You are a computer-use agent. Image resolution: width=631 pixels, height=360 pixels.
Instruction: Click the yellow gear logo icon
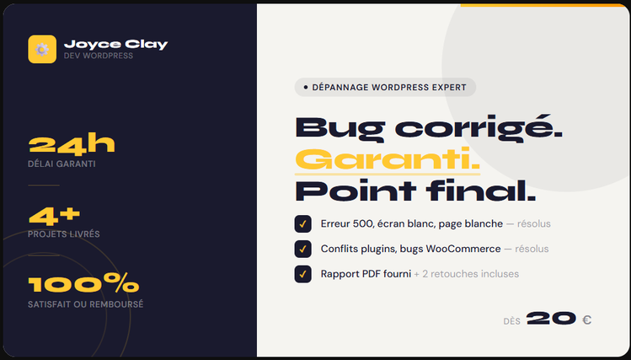tap(42, 49)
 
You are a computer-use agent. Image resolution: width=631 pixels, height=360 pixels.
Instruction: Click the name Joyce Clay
tap(116, 44)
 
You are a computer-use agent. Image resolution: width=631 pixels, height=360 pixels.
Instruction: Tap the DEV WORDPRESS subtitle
tap(99, 56)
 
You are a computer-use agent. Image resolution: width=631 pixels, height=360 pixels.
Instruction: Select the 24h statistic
tap(72, 144)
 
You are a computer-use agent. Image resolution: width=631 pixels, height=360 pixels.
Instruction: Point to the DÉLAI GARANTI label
tap(61, 164)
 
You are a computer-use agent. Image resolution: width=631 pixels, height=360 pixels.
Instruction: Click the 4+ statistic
tap(54, 216)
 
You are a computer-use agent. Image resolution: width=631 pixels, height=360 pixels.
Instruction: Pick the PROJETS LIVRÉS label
tap(63, 234)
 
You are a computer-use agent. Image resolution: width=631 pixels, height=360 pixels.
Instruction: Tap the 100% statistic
tap(83, 282)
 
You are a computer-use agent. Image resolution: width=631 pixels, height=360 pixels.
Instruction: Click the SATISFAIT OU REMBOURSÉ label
tap(85, 304)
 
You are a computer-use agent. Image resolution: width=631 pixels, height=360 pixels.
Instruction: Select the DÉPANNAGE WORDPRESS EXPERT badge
tap(385, 88)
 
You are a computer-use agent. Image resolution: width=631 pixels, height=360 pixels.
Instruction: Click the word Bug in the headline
tap(340, 129)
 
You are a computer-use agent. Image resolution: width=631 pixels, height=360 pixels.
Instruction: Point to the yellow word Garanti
tap(388, 159)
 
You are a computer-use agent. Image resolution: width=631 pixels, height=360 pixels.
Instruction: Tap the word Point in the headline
tap(356, 191)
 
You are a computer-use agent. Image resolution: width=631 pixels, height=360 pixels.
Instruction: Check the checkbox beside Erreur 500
tap(303, 224)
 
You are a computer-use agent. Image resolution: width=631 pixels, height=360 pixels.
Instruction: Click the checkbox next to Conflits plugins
tap(303, 249)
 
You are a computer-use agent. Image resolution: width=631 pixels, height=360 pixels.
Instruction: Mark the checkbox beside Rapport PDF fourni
tap(303, 274)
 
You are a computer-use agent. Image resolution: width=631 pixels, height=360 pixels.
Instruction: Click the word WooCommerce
tap(463, 249)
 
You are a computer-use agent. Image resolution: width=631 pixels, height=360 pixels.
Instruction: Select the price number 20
tap(551, 319)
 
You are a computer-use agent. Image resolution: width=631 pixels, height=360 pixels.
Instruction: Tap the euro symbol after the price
tap(586, 320)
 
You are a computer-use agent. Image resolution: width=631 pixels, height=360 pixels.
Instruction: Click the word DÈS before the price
tap(512, 321)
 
